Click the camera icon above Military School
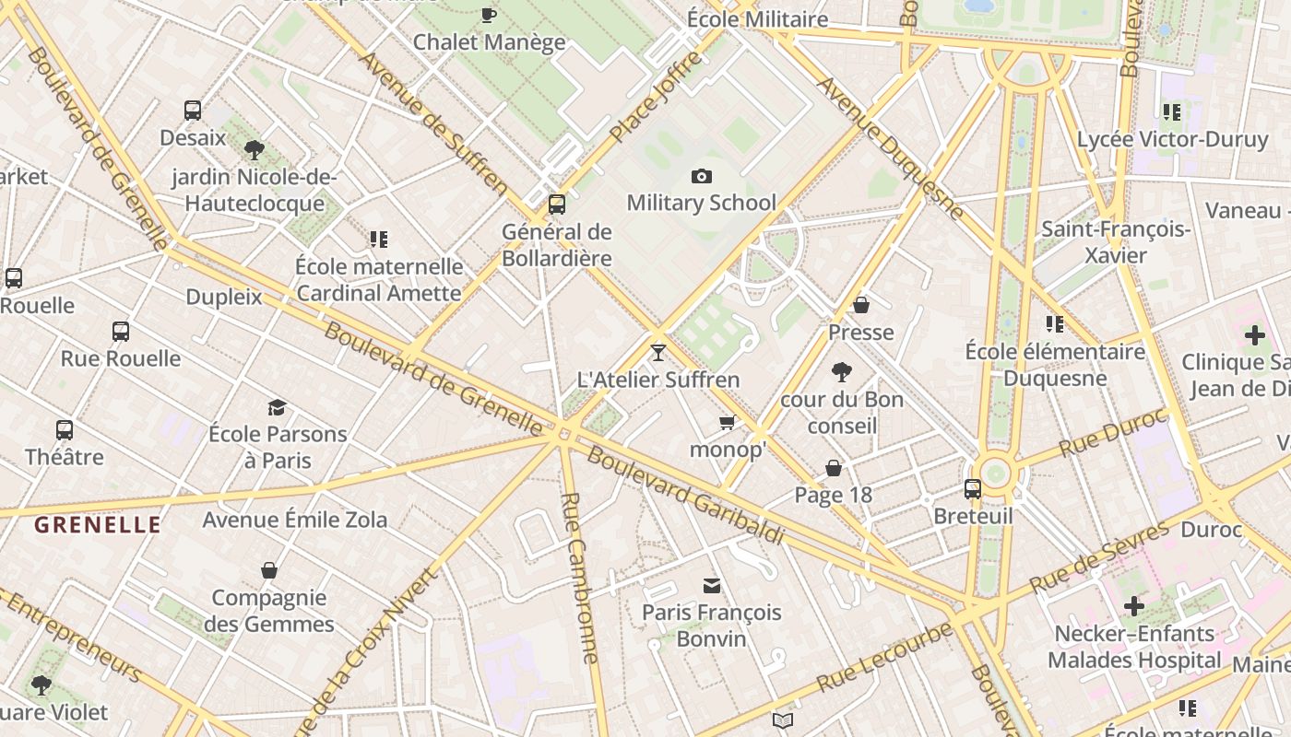tap(702, 176)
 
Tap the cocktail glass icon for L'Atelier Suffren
tap(658, 352)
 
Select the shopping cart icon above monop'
tap(728, 423)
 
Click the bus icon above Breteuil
tap(973, 489)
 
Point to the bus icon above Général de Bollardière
tap(557, 205)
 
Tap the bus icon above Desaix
tap(193, 111)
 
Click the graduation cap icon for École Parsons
tap(277, 407)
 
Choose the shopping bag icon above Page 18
tap(834, 468)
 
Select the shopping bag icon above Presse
tap(861, 305)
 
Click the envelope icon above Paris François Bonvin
tap(712, 585)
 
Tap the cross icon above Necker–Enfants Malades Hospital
tap(1134, 606)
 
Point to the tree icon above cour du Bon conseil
tap(841, 372)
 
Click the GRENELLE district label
tap(98, 525)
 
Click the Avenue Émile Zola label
tap(295, 520)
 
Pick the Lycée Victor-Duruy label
tap(1173, 140)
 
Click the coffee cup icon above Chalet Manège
tap(489, 15)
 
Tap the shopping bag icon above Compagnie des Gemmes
tap(269, 571)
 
